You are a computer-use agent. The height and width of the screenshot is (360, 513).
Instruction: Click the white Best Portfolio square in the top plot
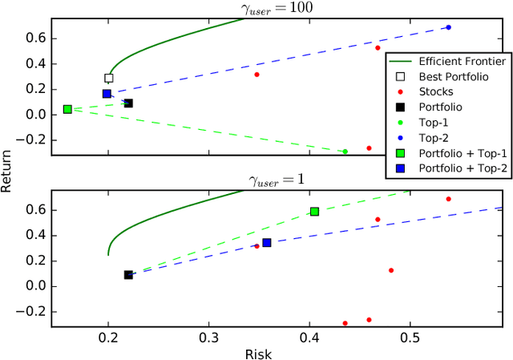(109, 79)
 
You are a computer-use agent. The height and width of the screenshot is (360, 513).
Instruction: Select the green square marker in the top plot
(67, 109)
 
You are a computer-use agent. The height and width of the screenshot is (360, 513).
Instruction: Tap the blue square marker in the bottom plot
(267, 242)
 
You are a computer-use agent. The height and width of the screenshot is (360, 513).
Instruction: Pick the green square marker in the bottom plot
(314, 212)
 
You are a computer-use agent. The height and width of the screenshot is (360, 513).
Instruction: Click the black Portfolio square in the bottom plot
(128, 275)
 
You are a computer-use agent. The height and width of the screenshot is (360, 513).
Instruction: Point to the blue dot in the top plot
(448, 27)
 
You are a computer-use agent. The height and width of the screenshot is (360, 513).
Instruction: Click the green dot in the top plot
(345, 152)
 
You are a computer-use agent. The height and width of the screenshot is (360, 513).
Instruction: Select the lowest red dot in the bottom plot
(345, 323)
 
